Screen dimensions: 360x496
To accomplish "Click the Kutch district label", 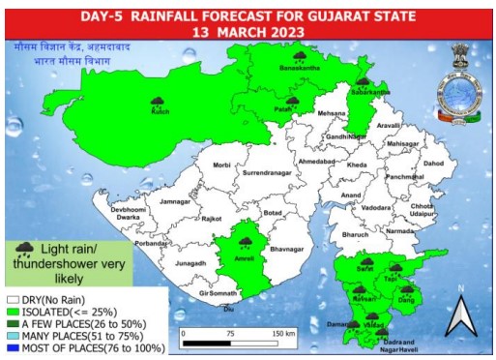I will [160, 112].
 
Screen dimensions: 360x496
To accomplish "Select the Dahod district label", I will [434, 164].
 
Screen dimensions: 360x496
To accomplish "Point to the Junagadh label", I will [191, 262].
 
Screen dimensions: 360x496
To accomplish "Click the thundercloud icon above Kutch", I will [158, 100].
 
